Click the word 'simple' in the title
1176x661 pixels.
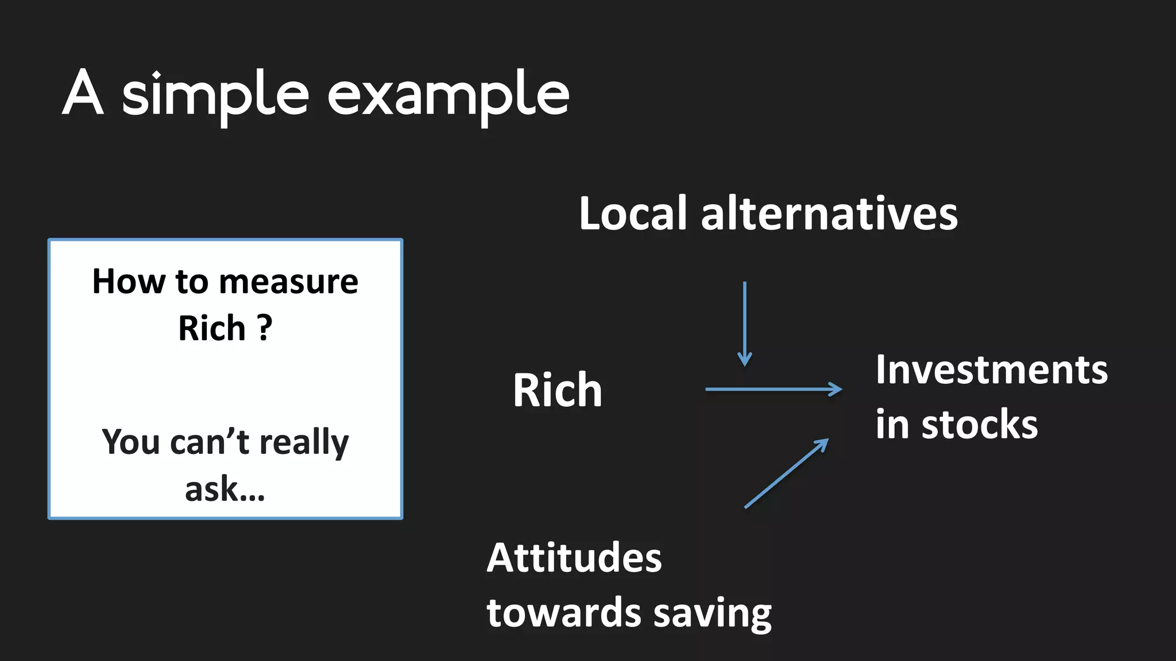coord(215,95)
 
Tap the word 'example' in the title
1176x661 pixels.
coord(448,95)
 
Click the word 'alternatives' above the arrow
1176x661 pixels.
coord(829,213)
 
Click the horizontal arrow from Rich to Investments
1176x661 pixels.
coord(773,389)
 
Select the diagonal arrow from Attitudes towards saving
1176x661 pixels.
coord(786,473)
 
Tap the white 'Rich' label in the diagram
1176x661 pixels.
coord(558,390)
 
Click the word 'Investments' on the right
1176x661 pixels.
coord(992,370)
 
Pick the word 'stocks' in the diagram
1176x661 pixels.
coord(980,425)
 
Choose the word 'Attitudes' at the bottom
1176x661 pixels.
coord(574,558)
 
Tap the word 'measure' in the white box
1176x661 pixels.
coord(288,282)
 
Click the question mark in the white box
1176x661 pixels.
coord(264,328)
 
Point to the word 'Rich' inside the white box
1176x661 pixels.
coord(212,328)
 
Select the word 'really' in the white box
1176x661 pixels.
coord(304,443)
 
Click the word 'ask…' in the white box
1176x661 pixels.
coord(225,489)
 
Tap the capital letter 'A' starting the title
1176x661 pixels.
coord(83,93)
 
